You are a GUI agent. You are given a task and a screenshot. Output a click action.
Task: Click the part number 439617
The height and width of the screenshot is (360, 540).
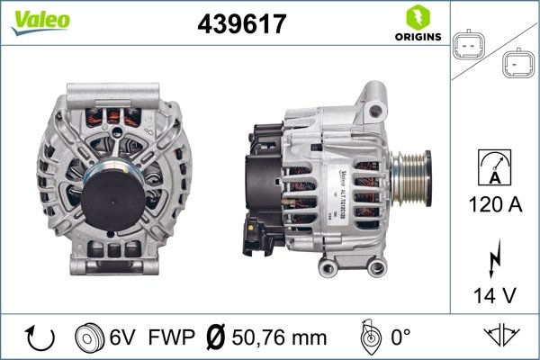tap(241, 24)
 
